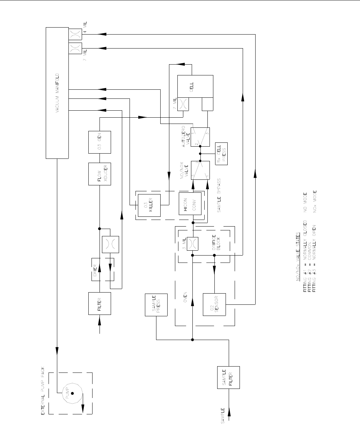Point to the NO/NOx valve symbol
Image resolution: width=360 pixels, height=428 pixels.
tap(200, 170)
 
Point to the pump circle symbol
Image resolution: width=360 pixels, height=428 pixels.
tap(72, 393)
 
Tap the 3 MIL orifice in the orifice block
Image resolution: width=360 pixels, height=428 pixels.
tap(192, 244)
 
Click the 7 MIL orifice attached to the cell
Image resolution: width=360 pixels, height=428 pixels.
tap(183, 104)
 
